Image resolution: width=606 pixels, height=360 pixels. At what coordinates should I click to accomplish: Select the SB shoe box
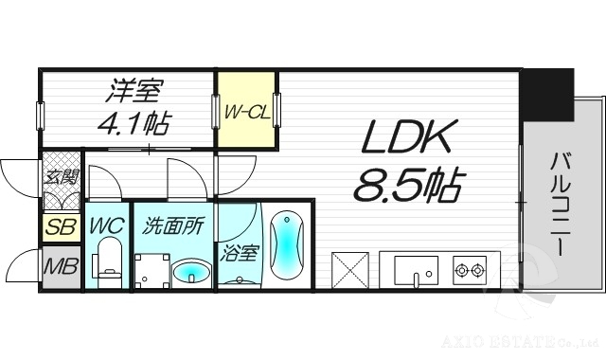point(60,227)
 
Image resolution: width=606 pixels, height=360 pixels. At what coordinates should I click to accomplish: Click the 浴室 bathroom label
point(238,254)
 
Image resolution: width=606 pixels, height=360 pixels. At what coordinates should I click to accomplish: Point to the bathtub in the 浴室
point(285,245)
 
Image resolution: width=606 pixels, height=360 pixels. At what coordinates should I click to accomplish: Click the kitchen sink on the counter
point(416,270)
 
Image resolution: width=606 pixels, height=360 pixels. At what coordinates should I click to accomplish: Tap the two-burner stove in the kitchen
point(470,270)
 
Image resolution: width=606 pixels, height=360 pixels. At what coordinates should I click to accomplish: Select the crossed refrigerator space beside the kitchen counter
point(351,270)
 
